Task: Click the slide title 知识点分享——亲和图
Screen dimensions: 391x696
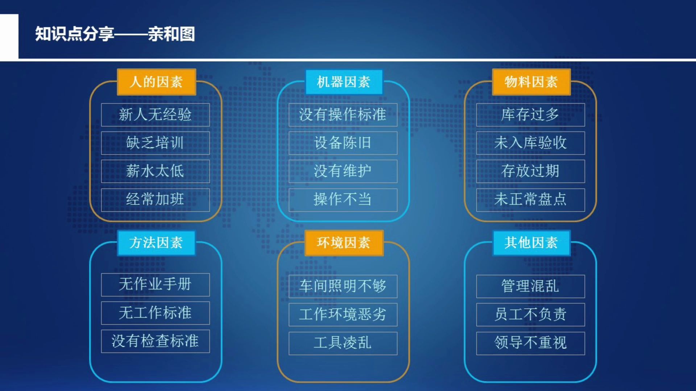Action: point(115,34)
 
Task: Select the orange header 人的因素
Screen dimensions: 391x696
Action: point(156,82)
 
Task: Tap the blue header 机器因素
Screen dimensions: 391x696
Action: point(343,82)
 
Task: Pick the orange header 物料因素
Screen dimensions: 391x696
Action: point(531,82)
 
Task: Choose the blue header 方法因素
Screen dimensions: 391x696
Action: point(156,243)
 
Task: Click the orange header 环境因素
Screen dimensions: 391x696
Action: point(343,243)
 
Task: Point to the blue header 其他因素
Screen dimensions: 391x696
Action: point(531,243)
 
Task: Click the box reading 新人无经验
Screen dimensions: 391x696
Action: point(155,115)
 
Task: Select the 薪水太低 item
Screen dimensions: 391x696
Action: point(155,171)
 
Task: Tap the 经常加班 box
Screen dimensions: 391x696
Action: point(155,199)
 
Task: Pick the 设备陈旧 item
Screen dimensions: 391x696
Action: point(343,143)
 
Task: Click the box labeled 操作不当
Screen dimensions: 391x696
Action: point(343,199)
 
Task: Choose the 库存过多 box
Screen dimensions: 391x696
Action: point(530,115)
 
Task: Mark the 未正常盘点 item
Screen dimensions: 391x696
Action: point(530,199)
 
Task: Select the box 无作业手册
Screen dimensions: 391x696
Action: point(155,285)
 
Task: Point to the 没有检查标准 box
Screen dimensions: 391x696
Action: point(155,341)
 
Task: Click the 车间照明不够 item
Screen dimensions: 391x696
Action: point(343,286)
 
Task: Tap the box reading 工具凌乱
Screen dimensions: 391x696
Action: point(343,343)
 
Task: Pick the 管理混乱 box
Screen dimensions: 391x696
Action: point(530,286)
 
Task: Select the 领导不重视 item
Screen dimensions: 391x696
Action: point(530,343)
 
